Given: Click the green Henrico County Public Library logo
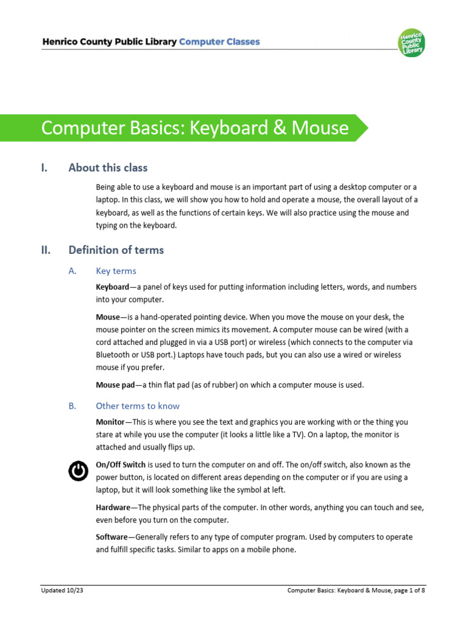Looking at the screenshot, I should pyautogui.click(x=411, y=43).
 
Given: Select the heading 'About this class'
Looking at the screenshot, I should pyautogui.click(x=108, y=168).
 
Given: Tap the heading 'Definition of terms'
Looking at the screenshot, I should pyautogui.click(x=116, y=250).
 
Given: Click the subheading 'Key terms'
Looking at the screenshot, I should pyautogui.click(x=116, y=271).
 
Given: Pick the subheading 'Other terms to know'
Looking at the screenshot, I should pyautogui.click(x=138, y=406).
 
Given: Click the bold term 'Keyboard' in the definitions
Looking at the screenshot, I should pyautogui.click(x=112, y=287).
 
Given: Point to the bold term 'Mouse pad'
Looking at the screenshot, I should pyautogui.click(x=115, y=384).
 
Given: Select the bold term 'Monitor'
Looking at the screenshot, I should pyautogui.click(x=111, y=422).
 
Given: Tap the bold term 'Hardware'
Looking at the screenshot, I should pyautogui.click(x=113, y=507).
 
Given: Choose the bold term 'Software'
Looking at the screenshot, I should pyautogui.click(x=112, y=537).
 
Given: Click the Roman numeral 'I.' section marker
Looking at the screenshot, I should pyautogui.click(x=44, y=168).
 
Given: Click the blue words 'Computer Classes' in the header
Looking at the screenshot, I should pyautogui.click(x=220, y=42).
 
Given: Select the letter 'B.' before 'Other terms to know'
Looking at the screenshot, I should pyautogui.click(x=73, y=406).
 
